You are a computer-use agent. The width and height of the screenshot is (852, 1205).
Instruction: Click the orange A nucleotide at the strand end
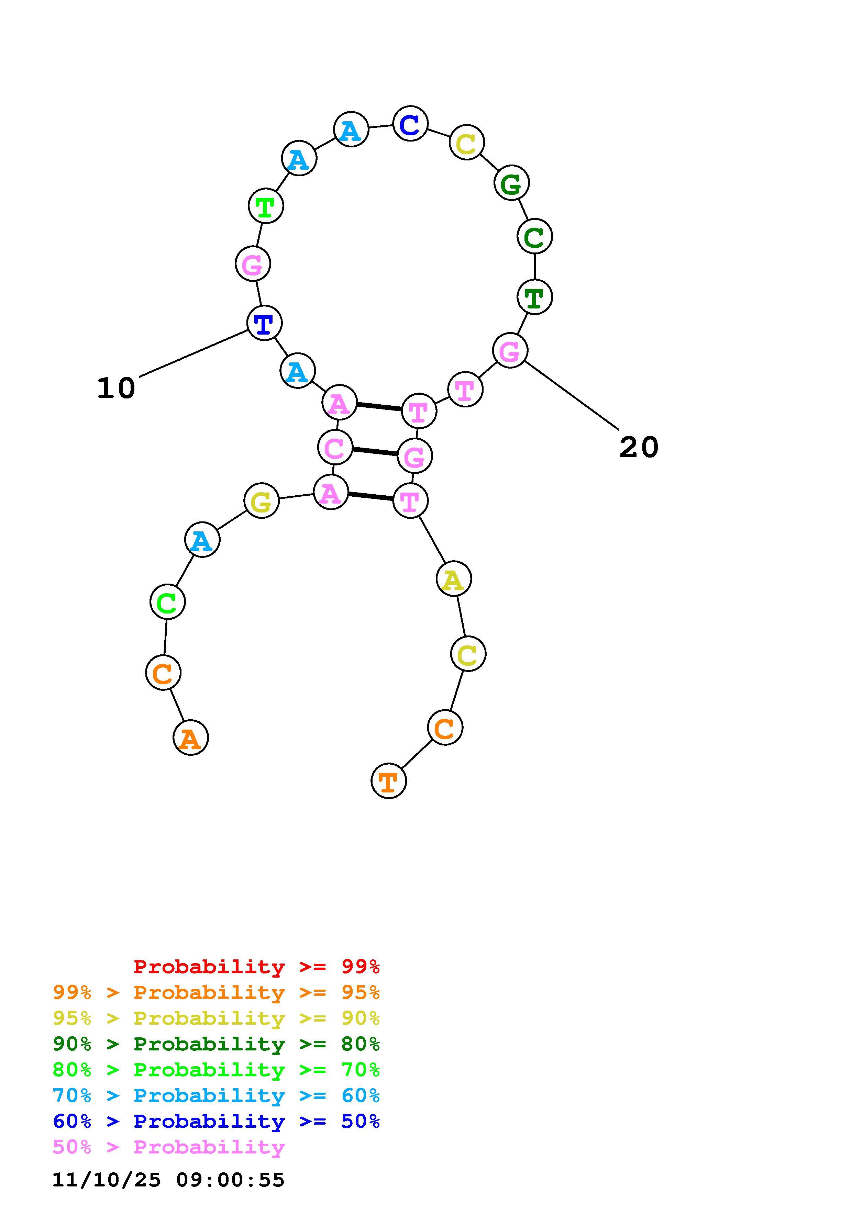[x=190, y=737]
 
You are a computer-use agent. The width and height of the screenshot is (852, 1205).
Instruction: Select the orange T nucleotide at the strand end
[x=388, y=781]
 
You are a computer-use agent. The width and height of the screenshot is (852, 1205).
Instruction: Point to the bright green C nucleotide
[x=167, y=601]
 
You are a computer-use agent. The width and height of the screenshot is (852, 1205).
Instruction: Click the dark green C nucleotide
[x=534, y=236]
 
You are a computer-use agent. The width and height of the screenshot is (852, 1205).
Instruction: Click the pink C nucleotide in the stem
[x=335, y=447]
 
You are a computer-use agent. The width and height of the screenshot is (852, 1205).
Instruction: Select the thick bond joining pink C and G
[x=375, y=451]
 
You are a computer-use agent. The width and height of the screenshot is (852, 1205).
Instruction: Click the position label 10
[x=116, y=388]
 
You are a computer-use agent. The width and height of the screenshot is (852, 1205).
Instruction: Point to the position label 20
[x=638, y=447]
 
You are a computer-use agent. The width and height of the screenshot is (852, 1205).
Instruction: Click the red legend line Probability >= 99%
[x=257, y=966]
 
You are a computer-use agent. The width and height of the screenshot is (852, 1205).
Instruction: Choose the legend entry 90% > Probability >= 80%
[x=216, y=1044]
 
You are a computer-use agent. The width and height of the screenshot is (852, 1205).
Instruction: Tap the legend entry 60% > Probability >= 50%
[x=216, y=1121]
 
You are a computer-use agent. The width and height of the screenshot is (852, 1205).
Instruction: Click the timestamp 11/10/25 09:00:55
[x=168, y=1180]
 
